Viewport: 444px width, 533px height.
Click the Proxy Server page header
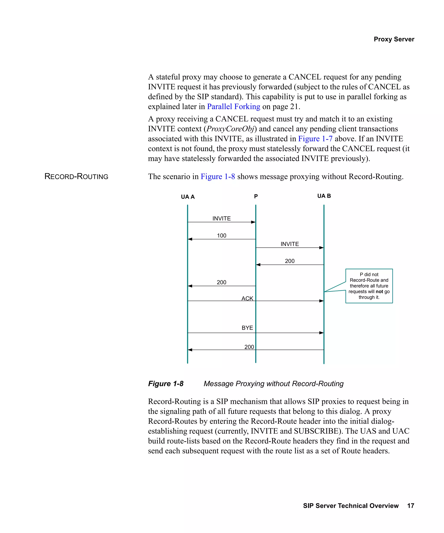click(x=394, y=39)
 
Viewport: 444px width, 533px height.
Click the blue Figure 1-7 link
click(x=315, y=139)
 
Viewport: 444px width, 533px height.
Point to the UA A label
click(x=188, y=197)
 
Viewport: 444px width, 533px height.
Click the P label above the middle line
click(x=256, y=196)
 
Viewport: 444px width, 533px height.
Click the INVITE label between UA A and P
click(x=222, y=218)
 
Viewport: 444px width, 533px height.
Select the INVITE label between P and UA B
click(x=290, y=244)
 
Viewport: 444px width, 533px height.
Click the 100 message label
click(x=222, y=235)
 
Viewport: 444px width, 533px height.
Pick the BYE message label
click(x=247, y=328)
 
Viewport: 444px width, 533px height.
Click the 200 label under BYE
click(x=249, y=347)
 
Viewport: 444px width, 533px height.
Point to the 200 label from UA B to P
click(x=290, y=261)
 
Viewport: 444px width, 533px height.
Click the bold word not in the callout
click(x=379, y=291)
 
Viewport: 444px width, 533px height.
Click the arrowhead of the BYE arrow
click(x=321, y=332)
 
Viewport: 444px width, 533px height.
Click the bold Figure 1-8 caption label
click(x=166, y=384)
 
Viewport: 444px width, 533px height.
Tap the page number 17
click(x=411, y=506)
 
